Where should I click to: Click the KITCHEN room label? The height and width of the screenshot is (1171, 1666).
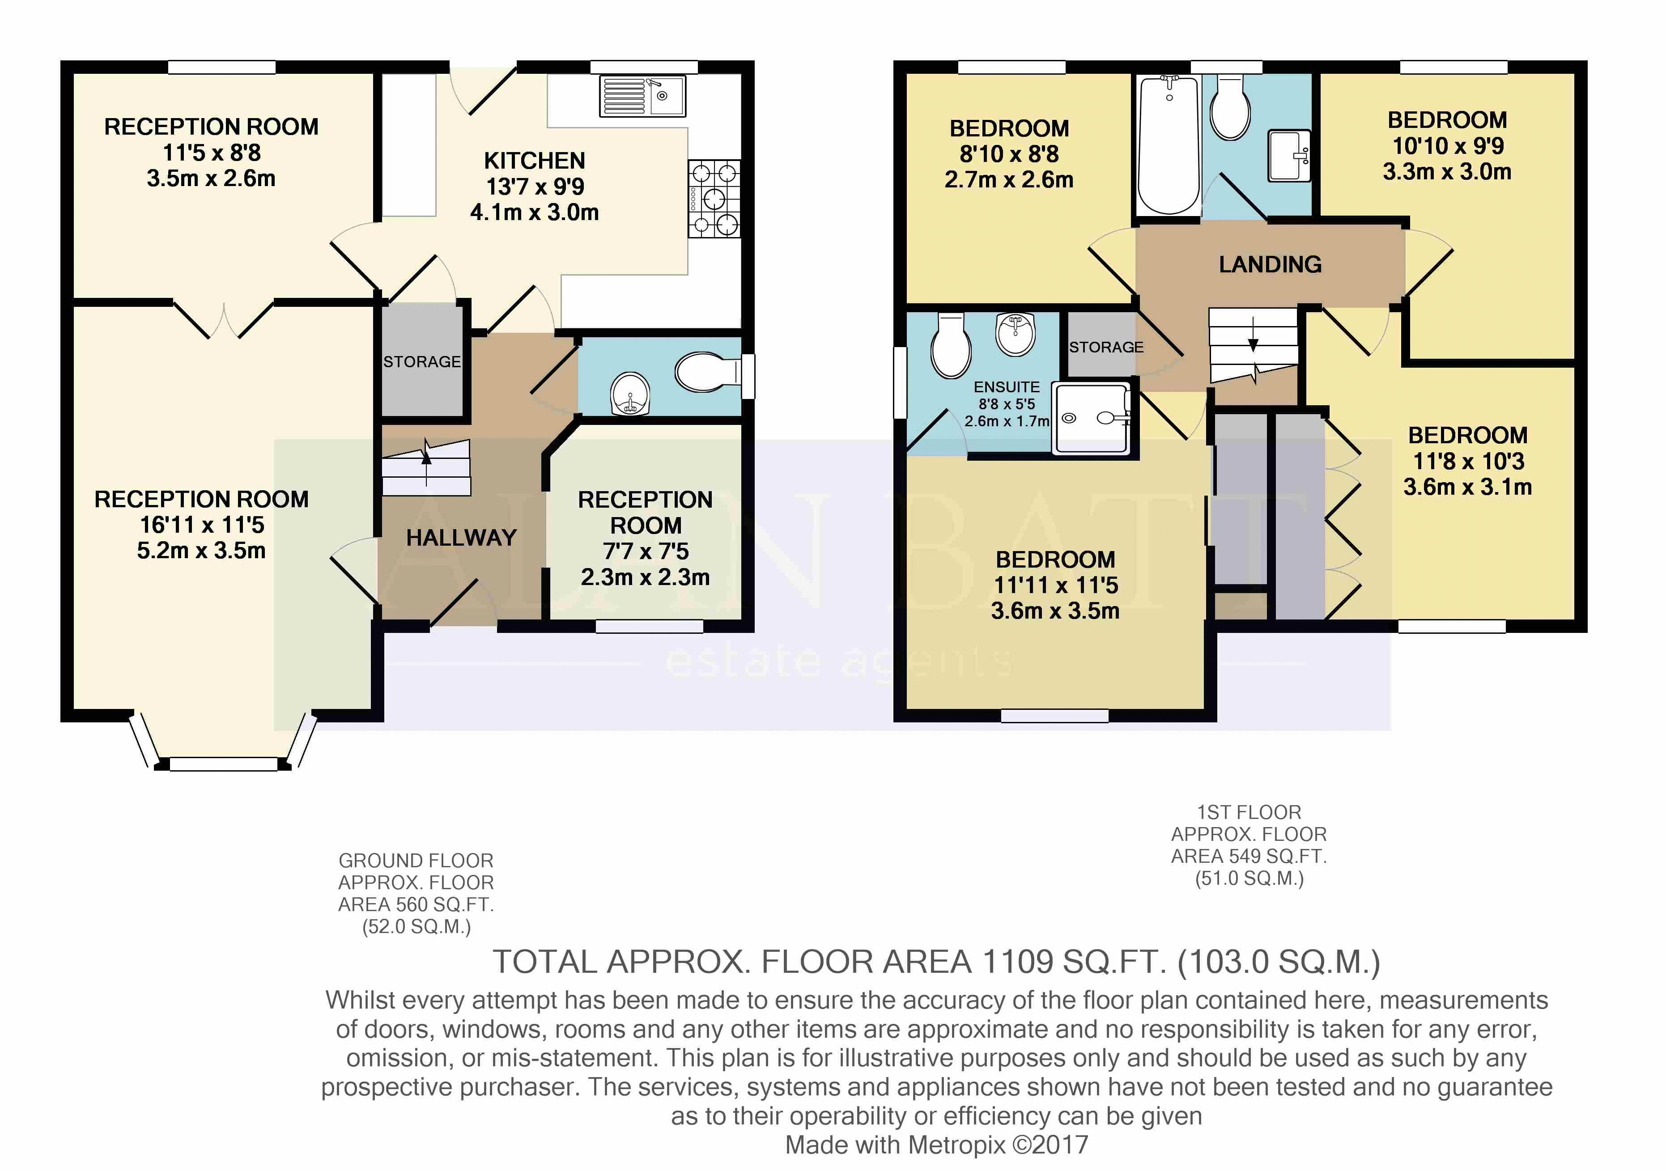point(535,160)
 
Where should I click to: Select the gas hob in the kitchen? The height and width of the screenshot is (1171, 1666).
point(715,199)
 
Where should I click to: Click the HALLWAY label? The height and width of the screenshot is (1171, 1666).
point(462,538)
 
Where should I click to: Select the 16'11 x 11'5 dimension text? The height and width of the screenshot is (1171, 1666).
point(202,525)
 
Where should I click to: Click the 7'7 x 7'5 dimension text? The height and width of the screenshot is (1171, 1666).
point(646,552)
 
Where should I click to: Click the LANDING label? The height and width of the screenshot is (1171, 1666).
point(1271,264)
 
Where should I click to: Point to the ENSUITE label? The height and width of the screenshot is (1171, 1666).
point(1007,387)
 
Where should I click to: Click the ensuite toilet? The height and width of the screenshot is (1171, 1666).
point(951,346)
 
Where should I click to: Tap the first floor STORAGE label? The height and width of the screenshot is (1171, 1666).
point(1106,348)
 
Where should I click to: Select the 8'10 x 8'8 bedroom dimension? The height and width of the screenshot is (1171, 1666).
point(1009,154)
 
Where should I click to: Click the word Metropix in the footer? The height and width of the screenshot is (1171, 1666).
point(956,1145)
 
